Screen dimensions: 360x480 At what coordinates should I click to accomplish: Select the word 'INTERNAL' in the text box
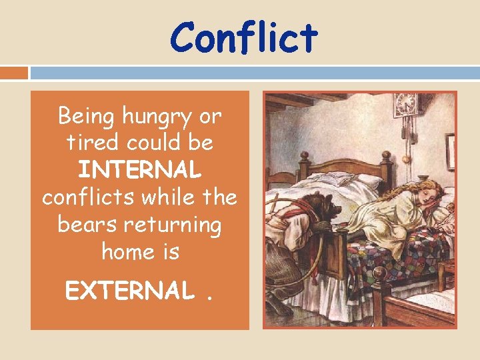pyautogui.click(x=139, y=170)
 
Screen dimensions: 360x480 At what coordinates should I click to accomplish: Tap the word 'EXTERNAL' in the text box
pyautogui.click(x=130, y=291)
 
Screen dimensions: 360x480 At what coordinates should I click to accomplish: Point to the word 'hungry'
pyautogui.click(x=161, y=117)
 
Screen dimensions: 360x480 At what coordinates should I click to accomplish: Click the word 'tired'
pyautogui.click(x=84, y=143)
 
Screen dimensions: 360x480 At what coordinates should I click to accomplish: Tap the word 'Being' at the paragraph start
pyautogui.click(x=87, y=116)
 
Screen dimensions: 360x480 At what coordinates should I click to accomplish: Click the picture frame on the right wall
pyautogui.click(x=451, y=151)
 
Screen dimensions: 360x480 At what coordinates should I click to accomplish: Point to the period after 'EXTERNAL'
pyautogui.click(x=210, y=298)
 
